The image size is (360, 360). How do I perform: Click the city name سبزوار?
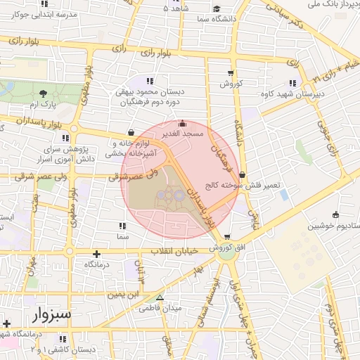click(50, 314)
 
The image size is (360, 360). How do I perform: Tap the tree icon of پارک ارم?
click(44, 94)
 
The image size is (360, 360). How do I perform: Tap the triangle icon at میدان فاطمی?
click(160, 297)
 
